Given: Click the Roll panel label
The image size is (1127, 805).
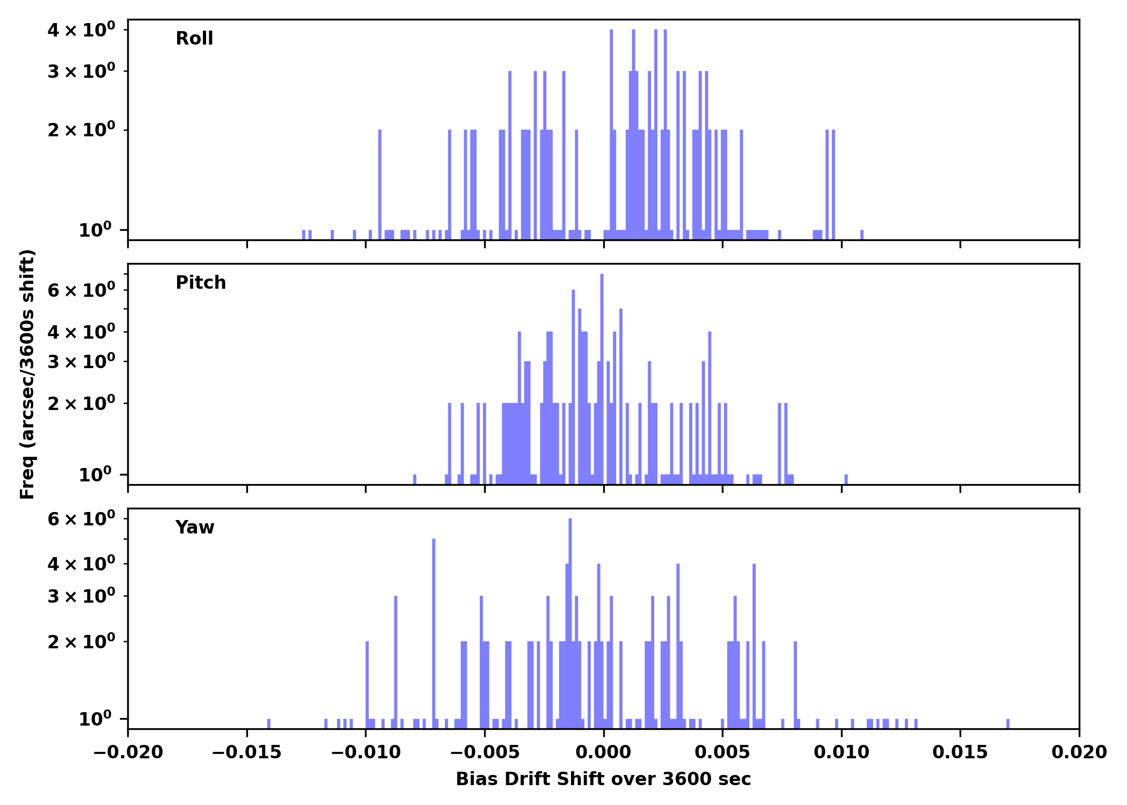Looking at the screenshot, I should (194, 39).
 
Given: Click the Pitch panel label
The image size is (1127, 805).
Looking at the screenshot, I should (201, 283).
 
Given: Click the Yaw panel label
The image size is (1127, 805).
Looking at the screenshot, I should (195, 528).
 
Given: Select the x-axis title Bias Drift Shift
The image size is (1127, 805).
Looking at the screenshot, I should (603, 779).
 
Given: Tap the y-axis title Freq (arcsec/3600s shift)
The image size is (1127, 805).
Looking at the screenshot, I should (27, 374).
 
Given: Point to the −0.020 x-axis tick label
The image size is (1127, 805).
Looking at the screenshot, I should (128, 752).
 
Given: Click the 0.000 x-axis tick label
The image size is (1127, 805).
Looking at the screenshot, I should (603, 752).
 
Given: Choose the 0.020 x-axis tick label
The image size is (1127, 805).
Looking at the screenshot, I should (1079, 752).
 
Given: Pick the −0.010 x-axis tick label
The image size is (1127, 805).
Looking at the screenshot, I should (365, 752).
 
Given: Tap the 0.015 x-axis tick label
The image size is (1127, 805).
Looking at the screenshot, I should (960, 752).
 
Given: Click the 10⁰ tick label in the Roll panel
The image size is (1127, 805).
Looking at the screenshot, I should (96, 230).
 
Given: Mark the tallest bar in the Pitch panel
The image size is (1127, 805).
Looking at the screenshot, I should (602, 376).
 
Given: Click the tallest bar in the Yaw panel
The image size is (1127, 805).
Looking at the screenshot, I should (570, 617).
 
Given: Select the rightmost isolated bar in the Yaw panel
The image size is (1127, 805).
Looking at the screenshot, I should (1008, 723).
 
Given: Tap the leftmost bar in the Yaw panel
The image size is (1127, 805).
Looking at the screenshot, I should (269, 723).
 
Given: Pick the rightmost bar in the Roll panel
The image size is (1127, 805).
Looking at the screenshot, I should (862, 235).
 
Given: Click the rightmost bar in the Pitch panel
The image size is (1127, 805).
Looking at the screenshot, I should (846, 479).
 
